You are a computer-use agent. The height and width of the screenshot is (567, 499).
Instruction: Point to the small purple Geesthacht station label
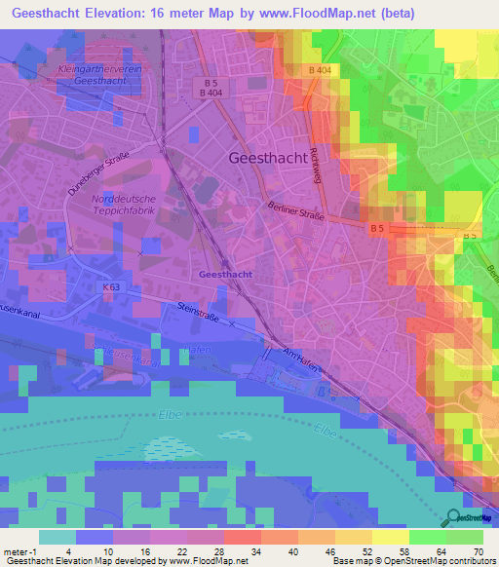tap(225, 275)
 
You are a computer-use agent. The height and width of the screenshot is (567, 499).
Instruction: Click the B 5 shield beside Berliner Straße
tap(377, 228)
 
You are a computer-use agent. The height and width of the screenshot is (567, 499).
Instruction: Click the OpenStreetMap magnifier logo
tap(454, 517)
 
